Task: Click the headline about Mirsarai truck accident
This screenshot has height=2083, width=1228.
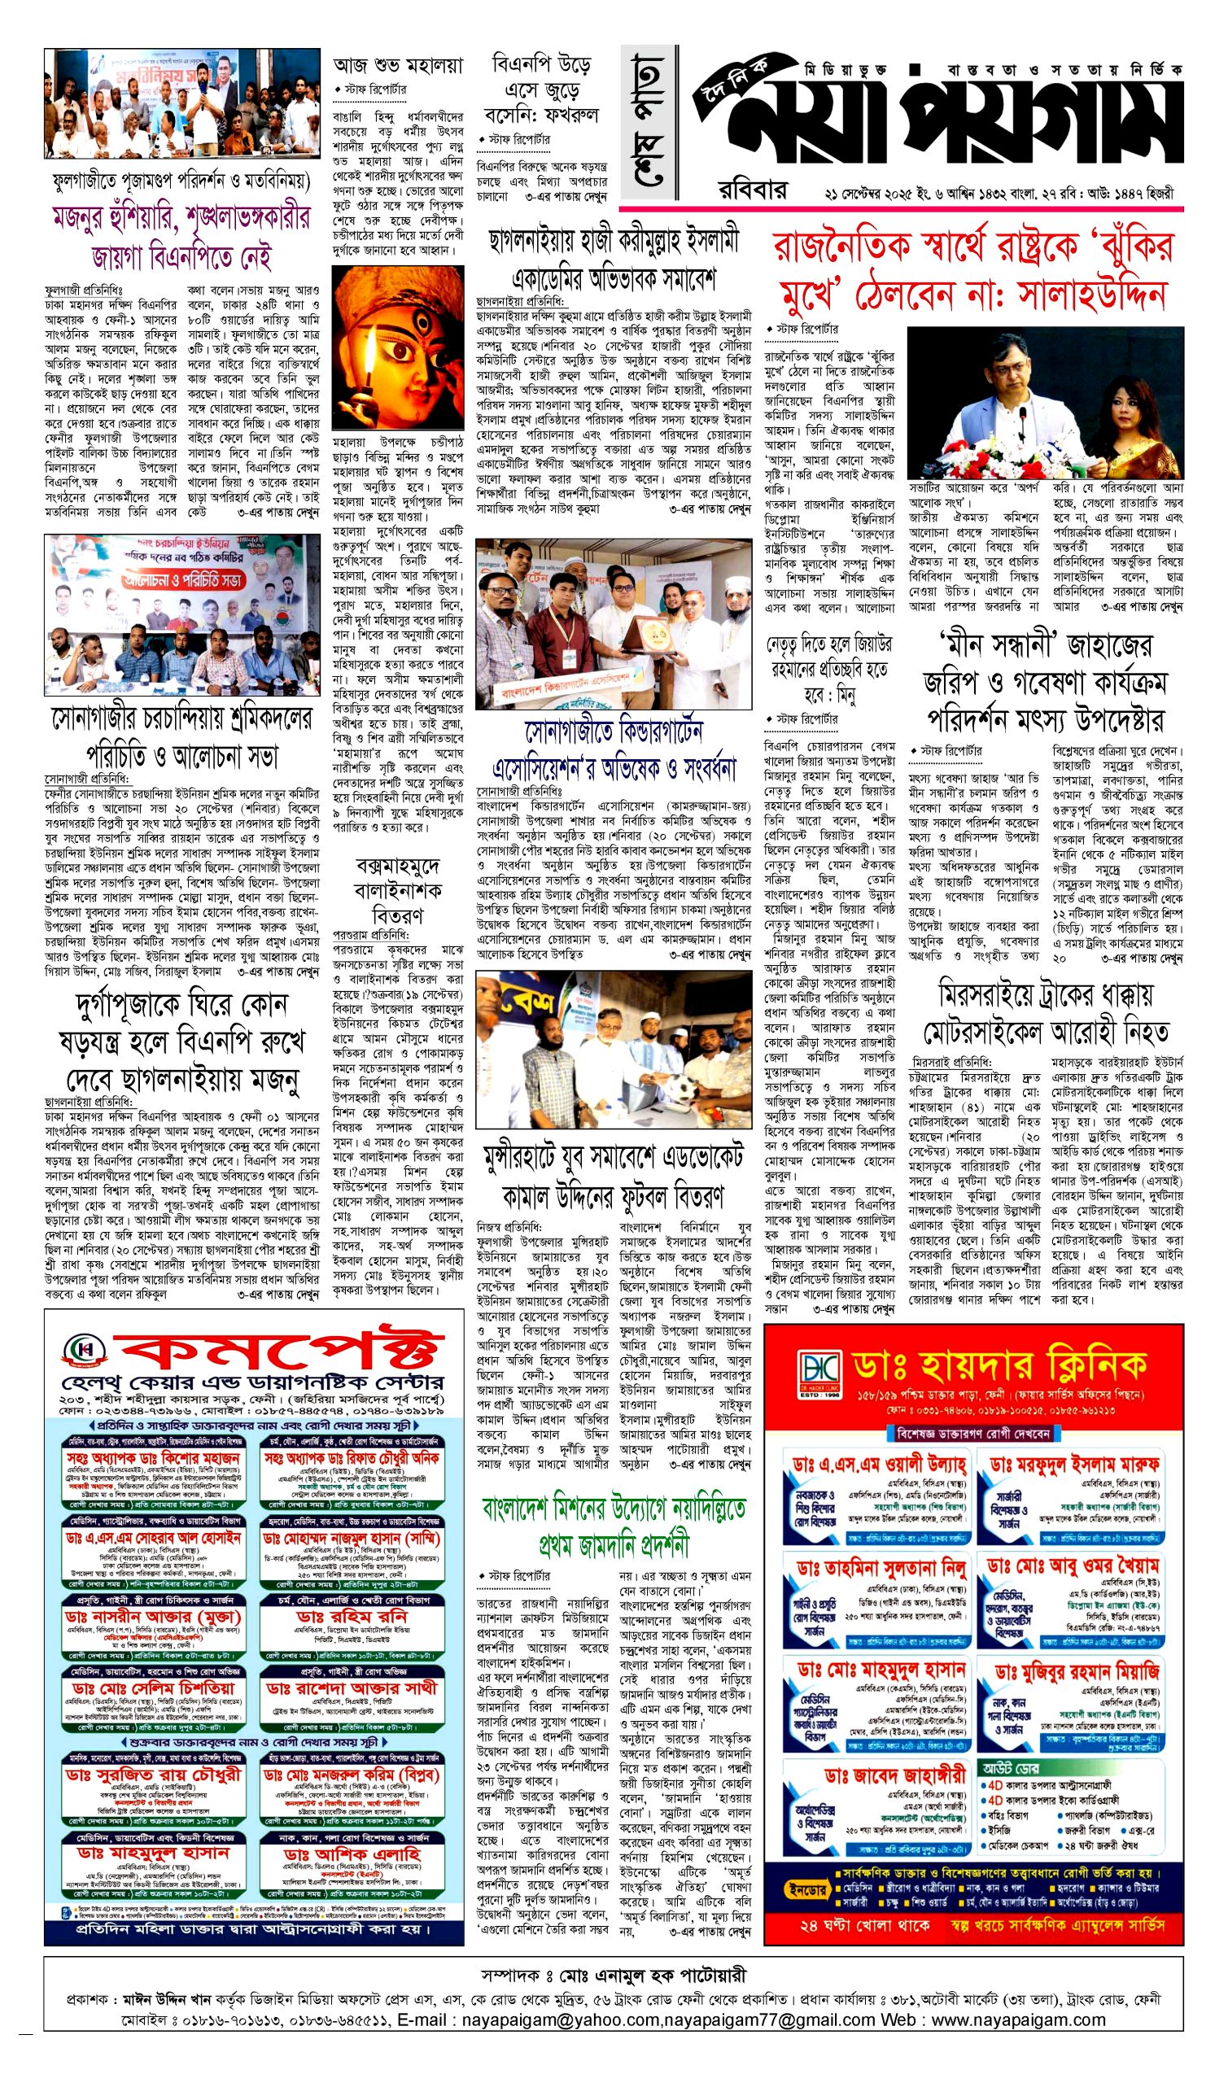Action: tap(1046, 1014)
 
